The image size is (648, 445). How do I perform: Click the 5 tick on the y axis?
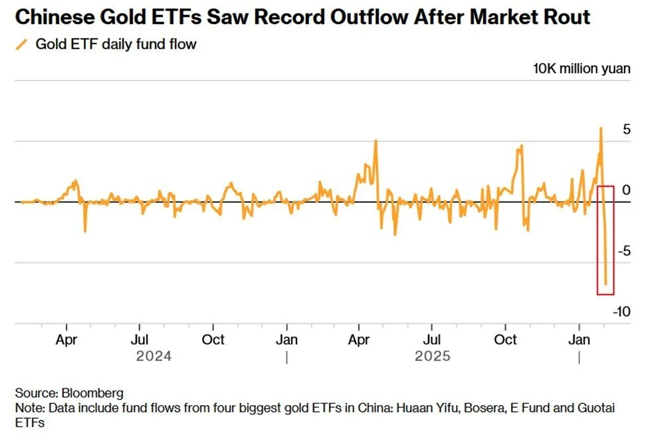click(x=625, y=129)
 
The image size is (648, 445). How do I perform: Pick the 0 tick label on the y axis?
click(x=625, y=190)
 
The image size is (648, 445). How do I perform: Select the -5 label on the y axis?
click(x=623, y=251)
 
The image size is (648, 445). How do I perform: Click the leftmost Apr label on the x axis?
click(x=66, y=339)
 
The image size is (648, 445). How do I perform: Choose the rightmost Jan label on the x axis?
click(x=580, y=339)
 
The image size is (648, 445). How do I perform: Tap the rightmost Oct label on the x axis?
click(x=506, y=339)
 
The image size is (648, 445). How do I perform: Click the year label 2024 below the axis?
click(x=154, y=357)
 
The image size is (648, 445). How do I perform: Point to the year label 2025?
click(x=432, y=357)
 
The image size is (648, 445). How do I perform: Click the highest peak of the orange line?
click(x=600, y=128)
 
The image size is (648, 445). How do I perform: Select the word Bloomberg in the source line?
click(x=91, y=393)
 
